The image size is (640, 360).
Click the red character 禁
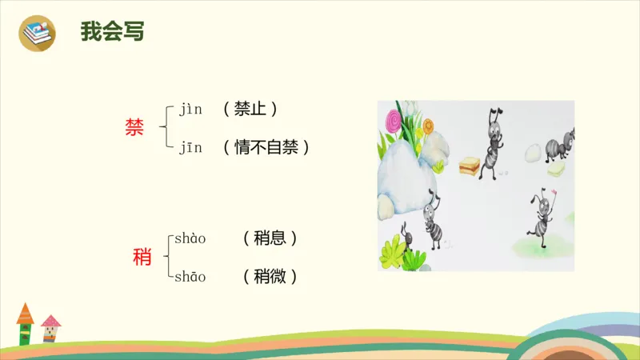click(x=134, y=128)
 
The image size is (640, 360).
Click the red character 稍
click(x=142, y=258)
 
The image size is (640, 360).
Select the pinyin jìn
click(x=191, y=109)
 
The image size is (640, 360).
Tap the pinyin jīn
click(x=191, y=148)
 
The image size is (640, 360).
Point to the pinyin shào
click(x=190, y=238)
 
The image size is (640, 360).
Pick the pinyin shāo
click(x=190, y=277)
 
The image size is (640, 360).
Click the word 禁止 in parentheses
click(x=251, y=108)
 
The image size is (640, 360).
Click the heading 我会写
click(x=112, y=31)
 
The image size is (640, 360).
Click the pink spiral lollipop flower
click(x=394, y=122)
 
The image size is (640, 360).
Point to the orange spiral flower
click(x=428, y=126)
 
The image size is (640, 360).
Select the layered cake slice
click(x=469, y=165)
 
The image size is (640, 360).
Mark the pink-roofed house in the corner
click(x=50, y=328)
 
